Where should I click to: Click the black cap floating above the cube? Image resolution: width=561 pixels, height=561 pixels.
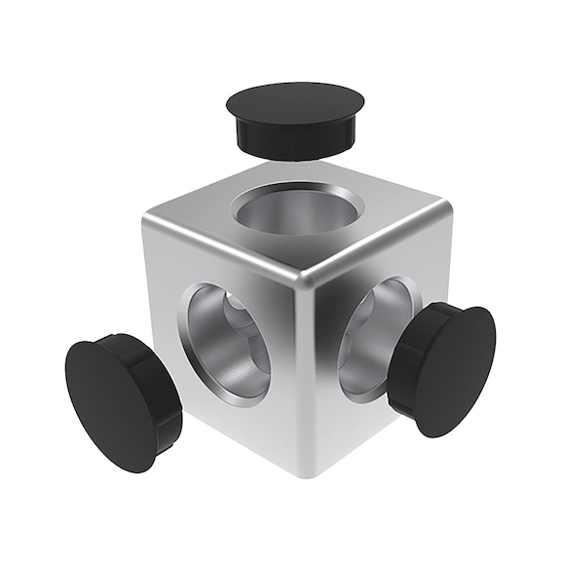pos(295,115)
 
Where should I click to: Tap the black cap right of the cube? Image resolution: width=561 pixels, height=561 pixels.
pos(443,355)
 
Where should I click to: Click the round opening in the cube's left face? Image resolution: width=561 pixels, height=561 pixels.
pos(225,340)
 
